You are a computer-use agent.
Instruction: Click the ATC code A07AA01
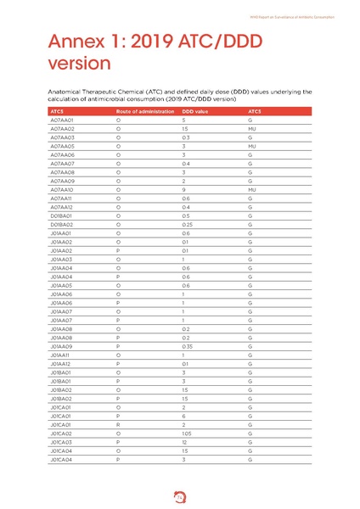62,120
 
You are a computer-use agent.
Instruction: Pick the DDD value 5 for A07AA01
183,120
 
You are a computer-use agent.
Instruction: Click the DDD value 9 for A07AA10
183,190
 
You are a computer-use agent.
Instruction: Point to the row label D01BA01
62,216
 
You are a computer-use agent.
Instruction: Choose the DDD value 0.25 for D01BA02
186,225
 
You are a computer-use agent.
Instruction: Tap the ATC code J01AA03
62,260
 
